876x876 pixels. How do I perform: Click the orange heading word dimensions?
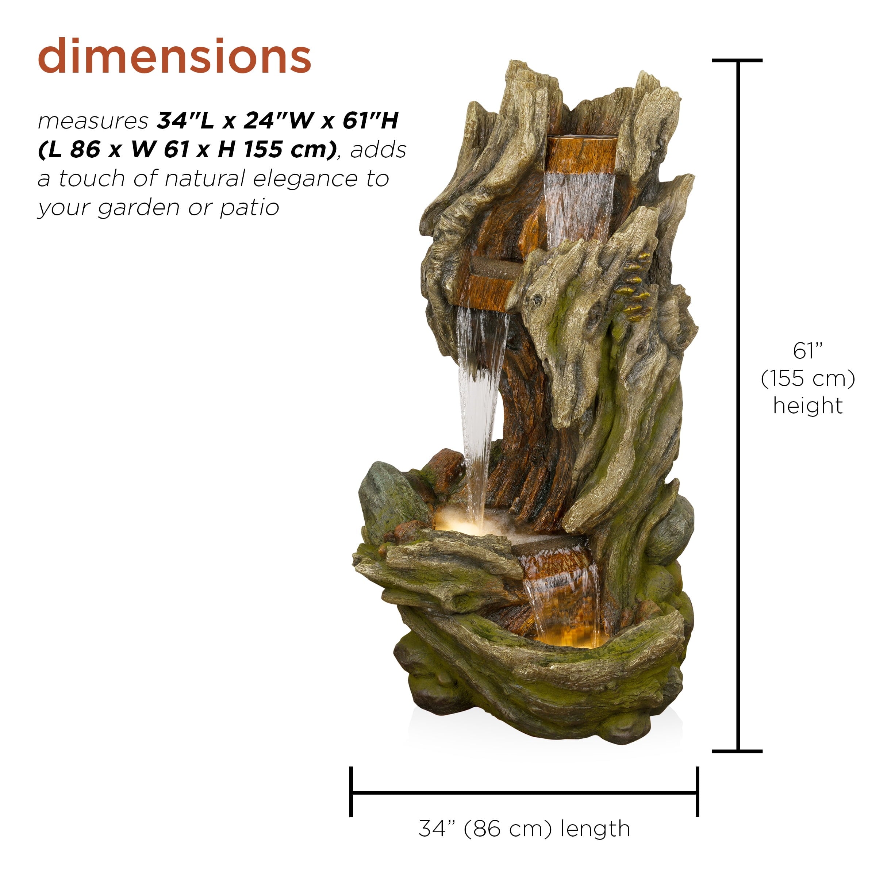pyautogui.click(x=174, y=56)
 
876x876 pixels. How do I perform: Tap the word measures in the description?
pyautogui.click(x=93, y=121)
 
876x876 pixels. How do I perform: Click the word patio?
pyautogui.click(x=249, y=208)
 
